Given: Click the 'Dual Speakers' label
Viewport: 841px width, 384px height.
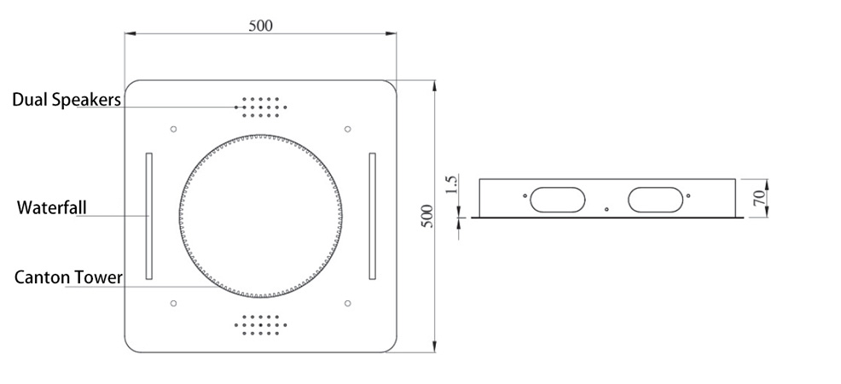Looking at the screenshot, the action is (67, 100).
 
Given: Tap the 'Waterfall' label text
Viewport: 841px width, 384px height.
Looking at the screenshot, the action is (51, 207).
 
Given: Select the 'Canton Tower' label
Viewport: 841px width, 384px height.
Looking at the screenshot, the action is (68, 277).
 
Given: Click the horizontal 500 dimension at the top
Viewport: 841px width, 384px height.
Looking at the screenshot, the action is (261, 26).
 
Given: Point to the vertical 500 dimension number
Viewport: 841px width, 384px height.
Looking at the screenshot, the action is (427, 216).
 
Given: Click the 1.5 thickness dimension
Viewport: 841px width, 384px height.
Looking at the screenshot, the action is (451, 185).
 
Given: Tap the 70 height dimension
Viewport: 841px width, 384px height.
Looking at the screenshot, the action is (759, 198).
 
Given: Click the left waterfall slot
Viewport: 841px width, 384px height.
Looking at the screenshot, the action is (149, 216).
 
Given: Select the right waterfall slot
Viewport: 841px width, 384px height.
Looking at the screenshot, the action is (372, 216).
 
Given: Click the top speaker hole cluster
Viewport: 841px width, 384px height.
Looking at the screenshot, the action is (261, 108).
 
